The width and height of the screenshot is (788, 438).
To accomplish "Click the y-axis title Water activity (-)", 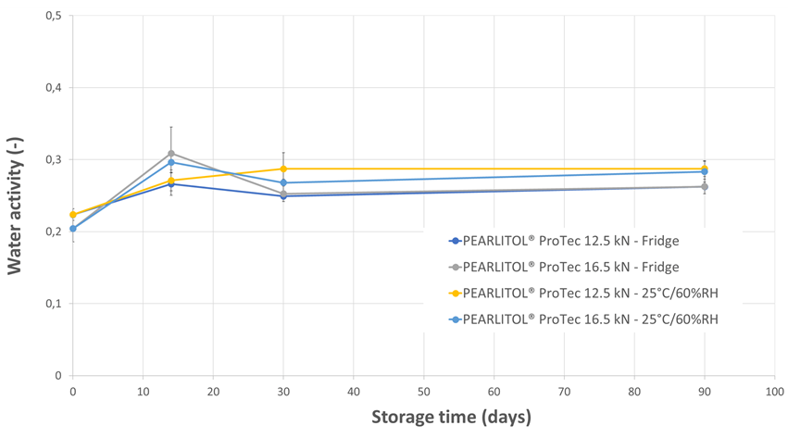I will (x=16, y=195).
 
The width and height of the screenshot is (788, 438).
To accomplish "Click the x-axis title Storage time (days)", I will (x=451, y=416).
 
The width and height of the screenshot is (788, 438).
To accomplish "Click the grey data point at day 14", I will (x=171, y=154).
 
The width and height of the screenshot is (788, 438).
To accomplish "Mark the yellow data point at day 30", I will (x=283, y=169).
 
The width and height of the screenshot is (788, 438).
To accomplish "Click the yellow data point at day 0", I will (x=73, y=215).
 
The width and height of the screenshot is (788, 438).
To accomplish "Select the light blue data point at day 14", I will (x=171, y=162).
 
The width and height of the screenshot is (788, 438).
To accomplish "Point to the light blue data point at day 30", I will (x=283, y=182).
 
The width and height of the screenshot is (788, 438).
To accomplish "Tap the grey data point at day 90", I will (x=705, y=187).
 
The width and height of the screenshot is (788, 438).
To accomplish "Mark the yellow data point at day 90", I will (x=705, y=169).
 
